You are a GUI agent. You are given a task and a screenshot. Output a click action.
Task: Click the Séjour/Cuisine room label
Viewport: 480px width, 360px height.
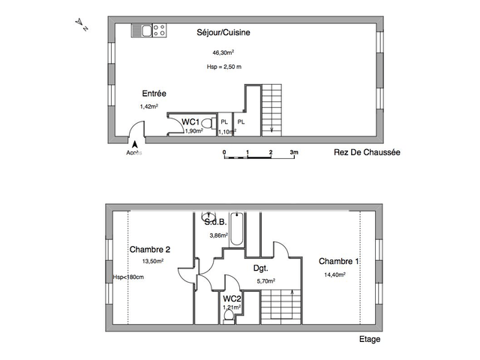(x=223, y=33)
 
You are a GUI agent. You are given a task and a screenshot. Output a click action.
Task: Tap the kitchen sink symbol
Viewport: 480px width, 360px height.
(x=142, y=30)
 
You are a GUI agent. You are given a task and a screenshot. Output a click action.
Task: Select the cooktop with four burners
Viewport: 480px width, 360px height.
(x=159, y=30)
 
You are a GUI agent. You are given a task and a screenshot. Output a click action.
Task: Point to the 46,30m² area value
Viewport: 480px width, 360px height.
(x=223, y=52)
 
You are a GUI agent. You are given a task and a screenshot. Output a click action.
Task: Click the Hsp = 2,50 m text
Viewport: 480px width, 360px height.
(x=223, y=67)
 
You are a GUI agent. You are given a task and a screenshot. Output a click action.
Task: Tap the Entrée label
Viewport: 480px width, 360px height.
(x=154, y=94)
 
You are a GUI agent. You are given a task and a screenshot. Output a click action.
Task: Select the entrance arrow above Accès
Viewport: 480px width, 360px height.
(x=135, y=145)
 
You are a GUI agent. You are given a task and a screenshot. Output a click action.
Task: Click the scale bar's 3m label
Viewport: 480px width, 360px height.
(x=294, y=152)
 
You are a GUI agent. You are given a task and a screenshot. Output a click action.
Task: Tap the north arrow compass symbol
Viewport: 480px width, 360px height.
(x=82, y=25)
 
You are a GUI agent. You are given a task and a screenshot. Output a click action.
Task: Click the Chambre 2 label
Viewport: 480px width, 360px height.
(x=150, y=250)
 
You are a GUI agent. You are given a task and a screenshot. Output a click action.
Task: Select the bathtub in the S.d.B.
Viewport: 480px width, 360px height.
(x=237, y=229)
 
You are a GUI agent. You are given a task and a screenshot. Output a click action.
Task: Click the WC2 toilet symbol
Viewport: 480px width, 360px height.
(x=229, y=316)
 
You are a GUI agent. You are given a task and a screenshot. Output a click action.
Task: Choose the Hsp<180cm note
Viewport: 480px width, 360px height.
(x=128, y=277)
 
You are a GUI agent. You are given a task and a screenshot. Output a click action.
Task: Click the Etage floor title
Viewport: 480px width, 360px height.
(x=369, y=339)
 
